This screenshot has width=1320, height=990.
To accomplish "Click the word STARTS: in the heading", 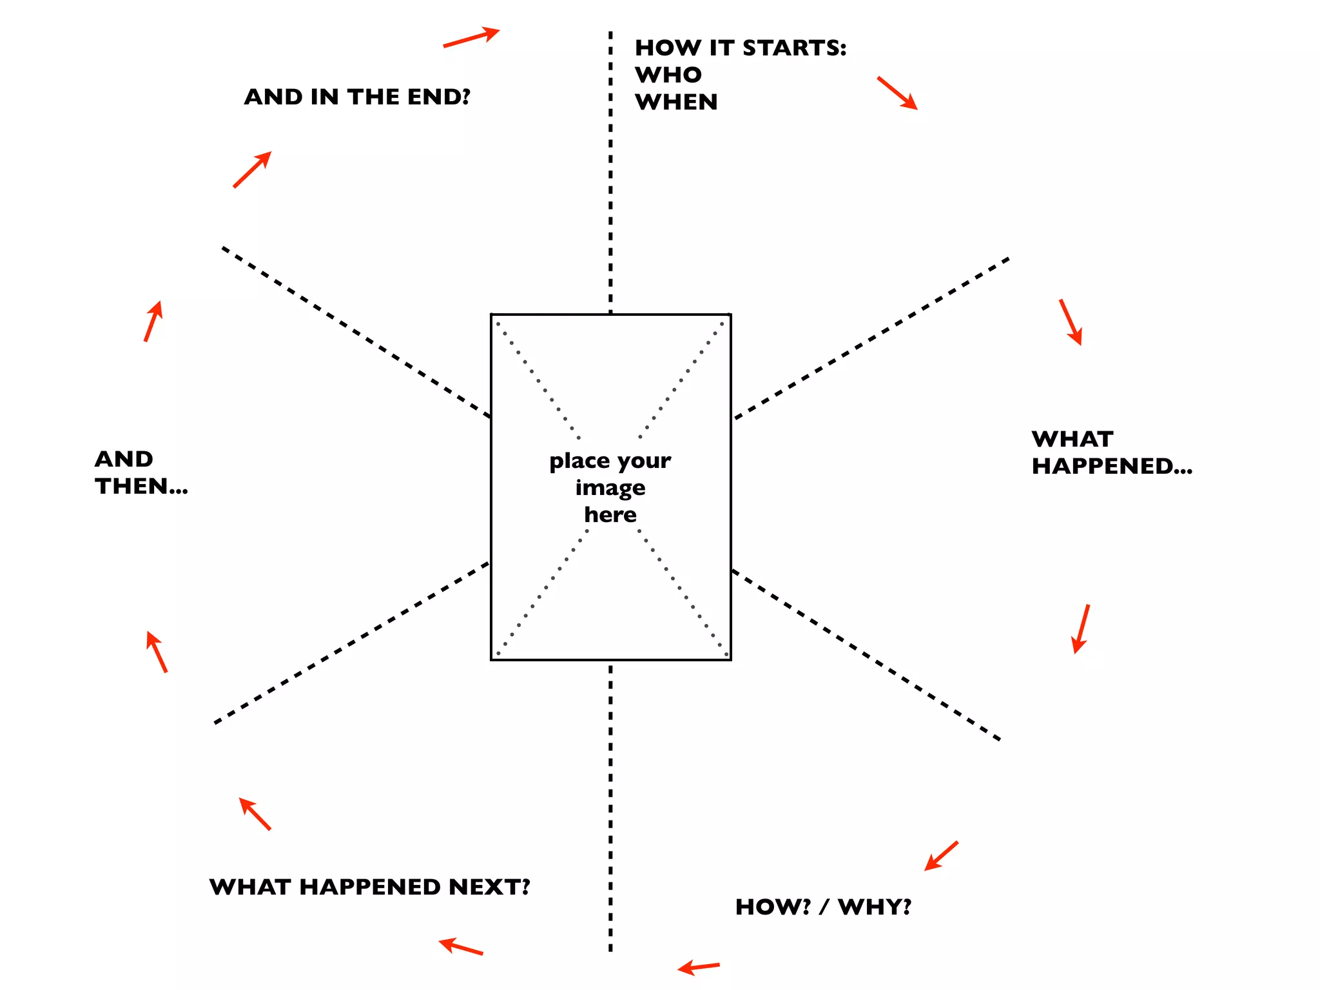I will pos(794,48).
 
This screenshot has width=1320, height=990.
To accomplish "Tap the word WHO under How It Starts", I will pos(668,75).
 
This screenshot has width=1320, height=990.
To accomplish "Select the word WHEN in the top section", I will pos(676,102).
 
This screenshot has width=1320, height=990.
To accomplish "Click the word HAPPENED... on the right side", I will pos(1112,466).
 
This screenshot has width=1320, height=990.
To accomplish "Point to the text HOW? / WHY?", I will pos(823,907).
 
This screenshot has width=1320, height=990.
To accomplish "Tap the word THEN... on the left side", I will pos(141,486).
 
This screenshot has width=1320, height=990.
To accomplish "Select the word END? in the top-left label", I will pos(439,97).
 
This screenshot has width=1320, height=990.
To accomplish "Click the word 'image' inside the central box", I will pos(610,488).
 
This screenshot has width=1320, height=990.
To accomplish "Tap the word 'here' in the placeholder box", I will pos(610,514).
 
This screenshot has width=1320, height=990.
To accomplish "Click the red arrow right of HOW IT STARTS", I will pos(897,93).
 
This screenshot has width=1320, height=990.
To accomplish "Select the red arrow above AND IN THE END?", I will pos(471,37).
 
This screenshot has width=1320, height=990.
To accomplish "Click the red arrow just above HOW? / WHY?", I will pos(941,856).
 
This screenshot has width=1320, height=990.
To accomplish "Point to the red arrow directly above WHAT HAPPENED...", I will pos(1071,322).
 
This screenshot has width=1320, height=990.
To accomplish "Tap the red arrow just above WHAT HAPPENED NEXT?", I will pos(255,814).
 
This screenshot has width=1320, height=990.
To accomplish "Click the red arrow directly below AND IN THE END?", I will pos(252,170).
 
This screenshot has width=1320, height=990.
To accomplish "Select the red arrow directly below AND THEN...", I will pos(157,652).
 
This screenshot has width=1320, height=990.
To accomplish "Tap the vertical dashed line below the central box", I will pos(610,806).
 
